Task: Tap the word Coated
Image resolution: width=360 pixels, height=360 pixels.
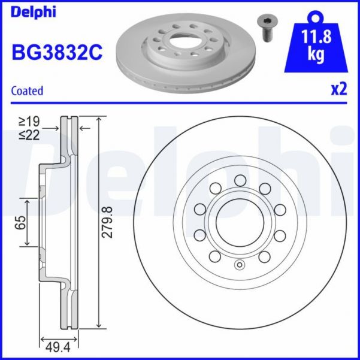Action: coord(28,91)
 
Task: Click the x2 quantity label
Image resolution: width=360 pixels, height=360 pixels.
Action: coord(339,90)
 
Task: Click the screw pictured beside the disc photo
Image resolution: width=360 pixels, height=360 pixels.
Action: coord(265,28)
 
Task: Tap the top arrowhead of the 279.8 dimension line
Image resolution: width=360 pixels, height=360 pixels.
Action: coord(97,118)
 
